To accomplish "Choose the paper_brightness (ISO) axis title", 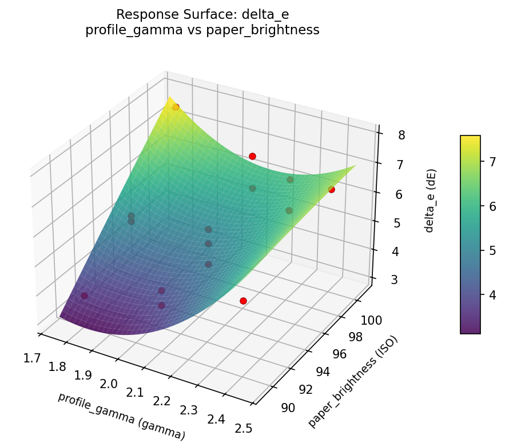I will pyautogui.click(x=352, y=381).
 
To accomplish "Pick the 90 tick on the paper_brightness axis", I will pyautogui.click(x=288, y=408).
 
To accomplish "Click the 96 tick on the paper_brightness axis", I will pyautogui.click(x=339, y=354).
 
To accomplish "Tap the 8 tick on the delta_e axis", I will pyautogui.click(x=403, y=135).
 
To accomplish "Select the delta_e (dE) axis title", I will pyautogui.click(x=430, y=201).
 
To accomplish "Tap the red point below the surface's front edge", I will pyautogui.click(x=243, y=301).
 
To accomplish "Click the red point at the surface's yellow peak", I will pyautogui.click(x=176, y=107).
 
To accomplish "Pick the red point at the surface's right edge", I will pyautogui.click(x=331, y=189).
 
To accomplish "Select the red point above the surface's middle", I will pyautogui.click(x=252, y=156).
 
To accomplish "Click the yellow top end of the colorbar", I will pyautogui.click(x=470, y=139).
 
